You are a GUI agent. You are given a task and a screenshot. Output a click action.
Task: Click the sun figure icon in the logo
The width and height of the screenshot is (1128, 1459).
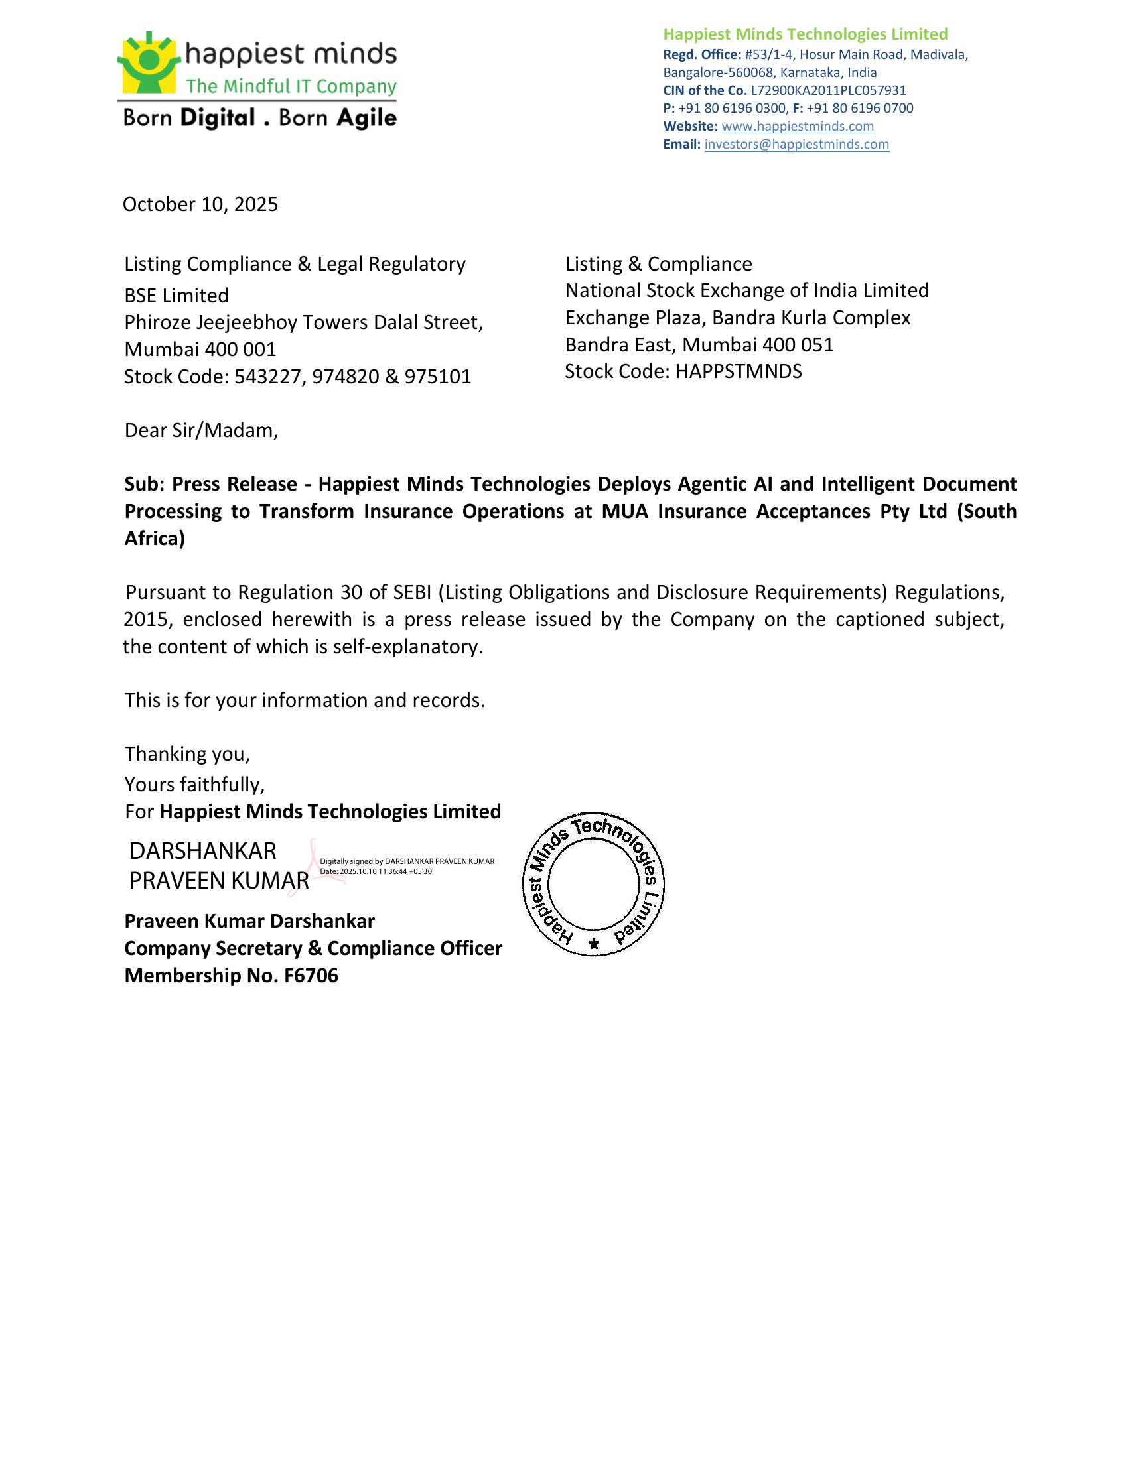pos(149,62)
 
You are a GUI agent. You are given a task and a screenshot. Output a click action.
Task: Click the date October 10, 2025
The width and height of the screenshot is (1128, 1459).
pos(200,204)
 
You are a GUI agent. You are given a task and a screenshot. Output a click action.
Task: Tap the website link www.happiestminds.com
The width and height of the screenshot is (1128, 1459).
pos(797,126)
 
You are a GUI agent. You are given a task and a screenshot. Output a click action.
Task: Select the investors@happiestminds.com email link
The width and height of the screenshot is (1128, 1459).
pos(796,145)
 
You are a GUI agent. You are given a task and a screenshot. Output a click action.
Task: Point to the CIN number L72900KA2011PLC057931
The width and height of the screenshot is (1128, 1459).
pos(828,90)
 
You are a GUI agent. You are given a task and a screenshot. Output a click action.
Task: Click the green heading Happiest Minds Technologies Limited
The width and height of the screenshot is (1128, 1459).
pos(805,34)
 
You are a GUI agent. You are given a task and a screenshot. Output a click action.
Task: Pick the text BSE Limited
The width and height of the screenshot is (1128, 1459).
pos(176,295)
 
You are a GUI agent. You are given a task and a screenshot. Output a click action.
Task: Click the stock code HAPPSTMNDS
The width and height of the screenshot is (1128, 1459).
pos(738,371)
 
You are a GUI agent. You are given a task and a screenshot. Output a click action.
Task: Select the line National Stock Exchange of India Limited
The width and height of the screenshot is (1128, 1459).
pos(746,290)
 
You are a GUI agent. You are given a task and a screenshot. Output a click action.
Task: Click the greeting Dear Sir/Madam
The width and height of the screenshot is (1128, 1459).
pos(200,430)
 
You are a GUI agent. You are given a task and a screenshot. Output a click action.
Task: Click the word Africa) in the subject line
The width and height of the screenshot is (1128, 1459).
pos(155,539)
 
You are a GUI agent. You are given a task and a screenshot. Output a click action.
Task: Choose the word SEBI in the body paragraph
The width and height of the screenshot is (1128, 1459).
pos(411,592)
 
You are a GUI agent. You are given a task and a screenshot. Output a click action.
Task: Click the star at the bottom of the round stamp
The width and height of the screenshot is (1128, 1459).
pos(593,944)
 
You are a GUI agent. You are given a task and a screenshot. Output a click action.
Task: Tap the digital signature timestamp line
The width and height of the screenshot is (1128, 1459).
pos(376,872)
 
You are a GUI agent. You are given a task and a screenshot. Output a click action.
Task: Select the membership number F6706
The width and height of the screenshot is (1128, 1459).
pos(311,976)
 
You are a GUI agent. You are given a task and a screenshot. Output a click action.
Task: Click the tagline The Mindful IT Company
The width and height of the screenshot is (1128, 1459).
pos(291,86)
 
